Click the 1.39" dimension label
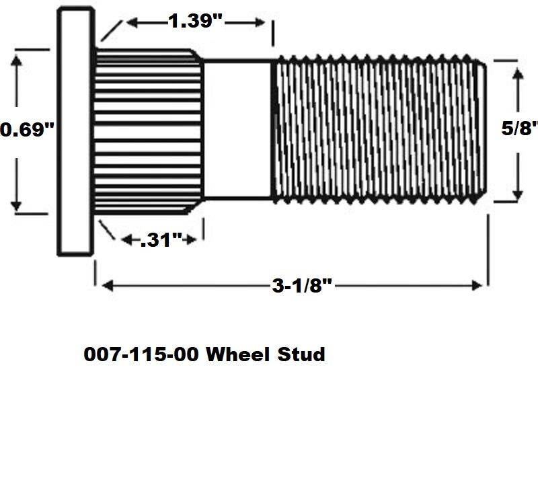pyautogui.click(x=195, y=22)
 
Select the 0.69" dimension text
pyautogui.click(x=27, y=129)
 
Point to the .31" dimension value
pyautogui.click(x=161, y=240)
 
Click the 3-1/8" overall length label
pyautogui.click(x=303, y=286)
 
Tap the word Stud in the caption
pyautogui.click(x=301, y=354)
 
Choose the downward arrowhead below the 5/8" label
pyautogui.click(x=517, y=194)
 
